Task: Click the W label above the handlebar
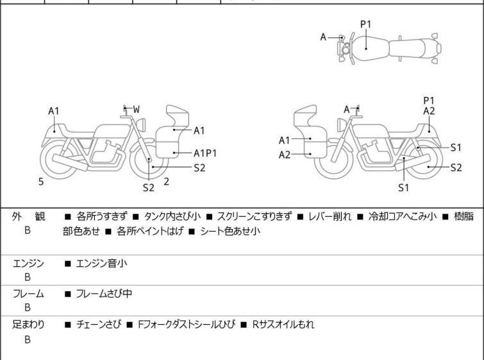pos(136,109)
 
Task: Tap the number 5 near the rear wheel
pos(41,182)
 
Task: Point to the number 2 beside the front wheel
pos(166,182)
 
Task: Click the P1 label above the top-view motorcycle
pos(365,24)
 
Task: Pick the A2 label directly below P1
pos(429,111)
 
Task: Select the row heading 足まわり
pos(29,325)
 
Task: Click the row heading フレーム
pos(28,294)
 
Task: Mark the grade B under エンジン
pos(28,277)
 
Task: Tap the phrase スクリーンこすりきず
pos(255,218)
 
